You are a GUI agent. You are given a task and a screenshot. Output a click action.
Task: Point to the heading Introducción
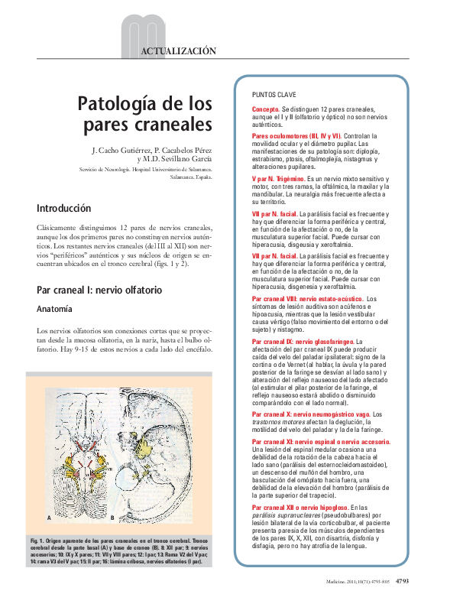[x=63, y=208]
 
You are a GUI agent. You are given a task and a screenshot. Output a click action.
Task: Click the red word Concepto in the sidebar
[x=265, y=109]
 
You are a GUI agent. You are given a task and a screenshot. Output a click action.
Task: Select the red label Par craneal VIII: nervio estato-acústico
[x=307, y=298]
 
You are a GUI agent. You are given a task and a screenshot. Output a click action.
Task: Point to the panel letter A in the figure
[x=48, y=518]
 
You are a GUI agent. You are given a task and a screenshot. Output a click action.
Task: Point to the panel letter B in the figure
[x=112, y=518]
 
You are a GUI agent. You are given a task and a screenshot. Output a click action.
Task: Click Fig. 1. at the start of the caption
[x=37, y=540]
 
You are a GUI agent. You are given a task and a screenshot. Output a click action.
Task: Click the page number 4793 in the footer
[x=403, y=582]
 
